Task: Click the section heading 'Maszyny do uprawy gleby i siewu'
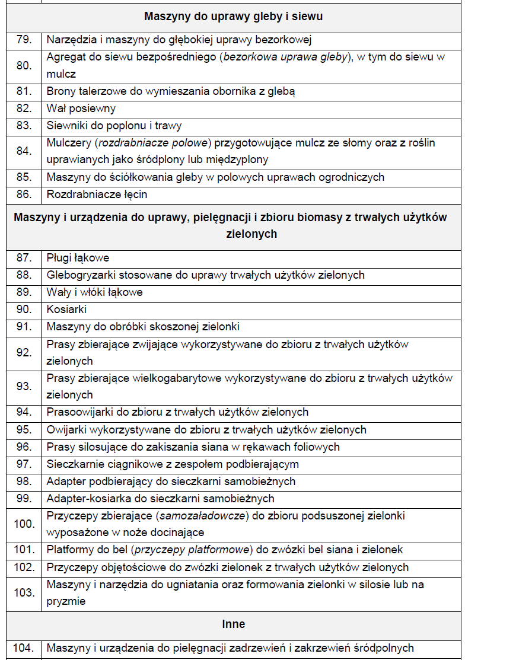click(x=233, y=17)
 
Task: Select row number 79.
click(x=24, y=40)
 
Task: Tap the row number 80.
click(x=24, y=66)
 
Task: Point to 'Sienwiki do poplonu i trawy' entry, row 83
click(x=114, y=126)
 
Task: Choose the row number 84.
click(x=24, y=151)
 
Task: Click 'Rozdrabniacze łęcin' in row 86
click(x=97, y=194)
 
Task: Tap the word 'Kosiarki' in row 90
click(x=66, y=310)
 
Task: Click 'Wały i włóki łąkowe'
click(x=94, y=292)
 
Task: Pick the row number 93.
click(x=24, y=387)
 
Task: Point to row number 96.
click(x=24, y=447)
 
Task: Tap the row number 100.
click(x=24, y=524)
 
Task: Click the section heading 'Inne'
click(x=233, y=624)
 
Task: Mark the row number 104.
click(x=24, y=648)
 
